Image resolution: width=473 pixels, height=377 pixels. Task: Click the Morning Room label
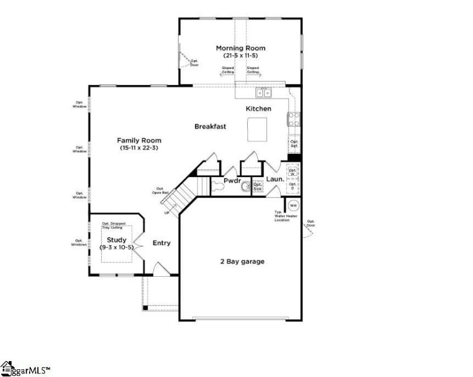240,48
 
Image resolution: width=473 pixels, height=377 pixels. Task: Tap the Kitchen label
258,109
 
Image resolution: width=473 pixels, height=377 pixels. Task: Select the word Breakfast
210,126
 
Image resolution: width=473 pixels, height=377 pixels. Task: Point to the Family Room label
138,140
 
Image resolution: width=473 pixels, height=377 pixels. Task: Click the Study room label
116,240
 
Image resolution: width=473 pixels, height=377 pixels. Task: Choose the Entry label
162,243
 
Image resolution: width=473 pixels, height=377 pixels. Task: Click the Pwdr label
232,181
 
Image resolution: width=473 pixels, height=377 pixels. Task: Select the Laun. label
276,179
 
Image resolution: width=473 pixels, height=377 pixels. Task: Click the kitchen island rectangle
257,129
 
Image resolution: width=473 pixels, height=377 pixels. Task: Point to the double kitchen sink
263,92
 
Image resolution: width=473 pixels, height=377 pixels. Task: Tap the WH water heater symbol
293,206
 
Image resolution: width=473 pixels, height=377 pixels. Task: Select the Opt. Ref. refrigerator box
294,144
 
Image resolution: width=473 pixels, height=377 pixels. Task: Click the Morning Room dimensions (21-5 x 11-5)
240,55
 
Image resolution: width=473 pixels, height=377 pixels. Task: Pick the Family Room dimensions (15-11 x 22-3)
138,148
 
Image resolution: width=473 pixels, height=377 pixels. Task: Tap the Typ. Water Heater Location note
283,216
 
